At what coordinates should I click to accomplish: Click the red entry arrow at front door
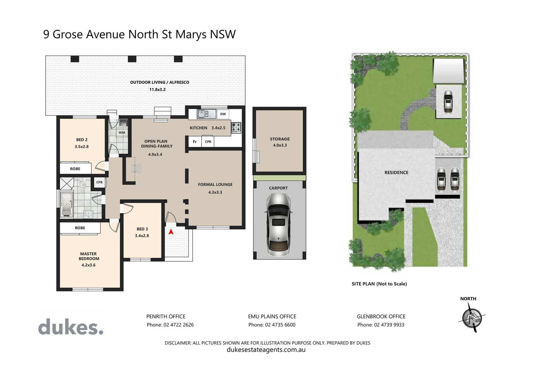tap(171, 231)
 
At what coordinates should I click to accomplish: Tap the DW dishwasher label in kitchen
tap(223, 114)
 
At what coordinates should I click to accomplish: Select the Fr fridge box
tap(195, 142)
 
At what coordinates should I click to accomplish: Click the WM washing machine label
tap(122, 133)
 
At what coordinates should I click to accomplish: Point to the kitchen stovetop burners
tap(236, 127)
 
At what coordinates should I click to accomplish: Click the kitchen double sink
tap(207, 114)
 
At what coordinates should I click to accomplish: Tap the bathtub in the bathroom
tap(66, 204)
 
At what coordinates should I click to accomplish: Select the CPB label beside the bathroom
tap(99, 182)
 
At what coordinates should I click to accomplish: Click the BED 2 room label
tap(82, 140)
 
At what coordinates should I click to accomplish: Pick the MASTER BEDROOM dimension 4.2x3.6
tap(89, 265)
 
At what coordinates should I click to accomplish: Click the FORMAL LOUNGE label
tap(215, 184)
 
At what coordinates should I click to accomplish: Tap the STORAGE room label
tap(280, 139)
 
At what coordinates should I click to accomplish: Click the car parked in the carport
tap(279, 223)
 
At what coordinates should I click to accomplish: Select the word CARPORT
tap(278, 188)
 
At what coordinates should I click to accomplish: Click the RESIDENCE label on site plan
tap(396, 172)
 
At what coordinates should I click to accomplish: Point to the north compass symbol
tap(471, 317)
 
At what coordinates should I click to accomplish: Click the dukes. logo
tap(71, 327)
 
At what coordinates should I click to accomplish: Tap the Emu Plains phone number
tap(280, 325)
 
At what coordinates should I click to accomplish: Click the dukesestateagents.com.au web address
tap(266, 350)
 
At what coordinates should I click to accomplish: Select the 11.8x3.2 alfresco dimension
tap(157, 90)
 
